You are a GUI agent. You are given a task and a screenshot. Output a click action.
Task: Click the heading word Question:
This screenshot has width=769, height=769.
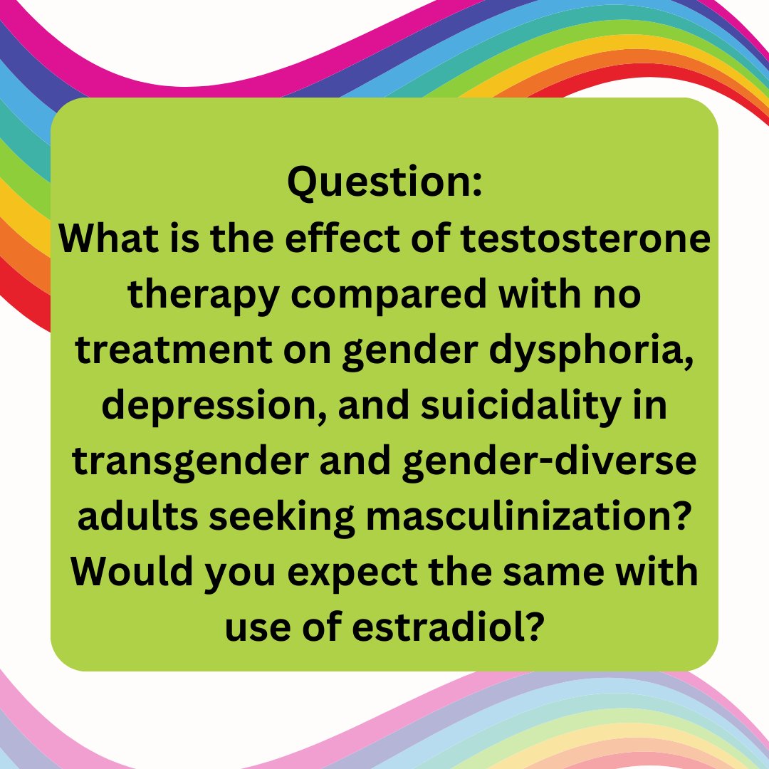[384, 183]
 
